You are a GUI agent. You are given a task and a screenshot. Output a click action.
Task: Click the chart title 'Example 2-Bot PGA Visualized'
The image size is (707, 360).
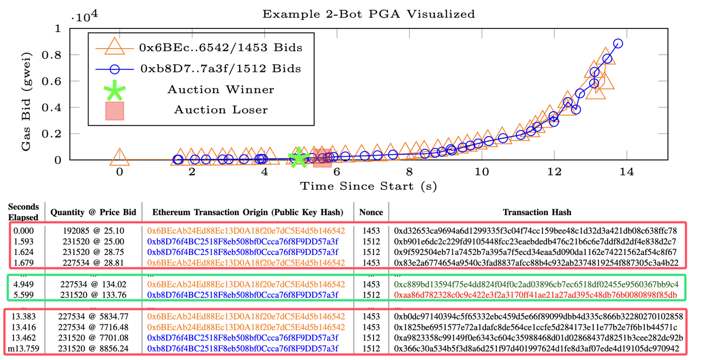368,14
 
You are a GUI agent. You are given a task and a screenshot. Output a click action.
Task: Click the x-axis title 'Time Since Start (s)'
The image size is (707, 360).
368,185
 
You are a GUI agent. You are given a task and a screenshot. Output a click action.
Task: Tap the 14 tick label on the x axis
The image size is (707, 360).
626,172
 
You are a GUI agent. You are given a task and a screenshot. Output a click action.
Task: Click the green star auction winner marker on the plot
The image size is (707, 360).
299,158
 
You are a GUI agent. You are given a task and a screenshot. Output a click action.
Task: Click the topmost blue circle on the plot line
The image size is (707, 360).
617,43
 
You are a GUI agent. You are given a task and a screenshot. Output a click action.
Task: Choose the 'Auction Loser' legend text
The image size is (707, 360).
220,110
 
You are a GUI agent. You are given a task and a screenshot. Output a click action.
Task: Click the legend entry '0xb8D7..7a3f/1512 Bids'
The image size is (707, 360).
220,68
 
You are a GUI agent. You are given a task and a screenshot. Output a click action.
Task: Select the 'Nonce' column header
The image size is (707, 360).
371,212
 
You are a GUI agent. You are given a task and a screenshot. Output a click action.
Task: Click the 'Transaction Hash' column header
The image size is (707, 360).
537,212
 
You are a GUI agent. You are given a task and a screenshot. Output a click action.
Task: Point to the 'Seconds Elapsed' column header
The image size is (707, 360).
23,212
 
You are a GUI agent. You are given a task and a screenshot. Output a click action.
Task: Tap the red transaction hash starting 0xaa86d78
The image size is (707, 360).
535,295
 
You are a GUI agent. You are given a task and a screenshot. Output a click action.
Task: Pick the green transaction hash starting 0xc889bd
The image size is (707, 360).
535,284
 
